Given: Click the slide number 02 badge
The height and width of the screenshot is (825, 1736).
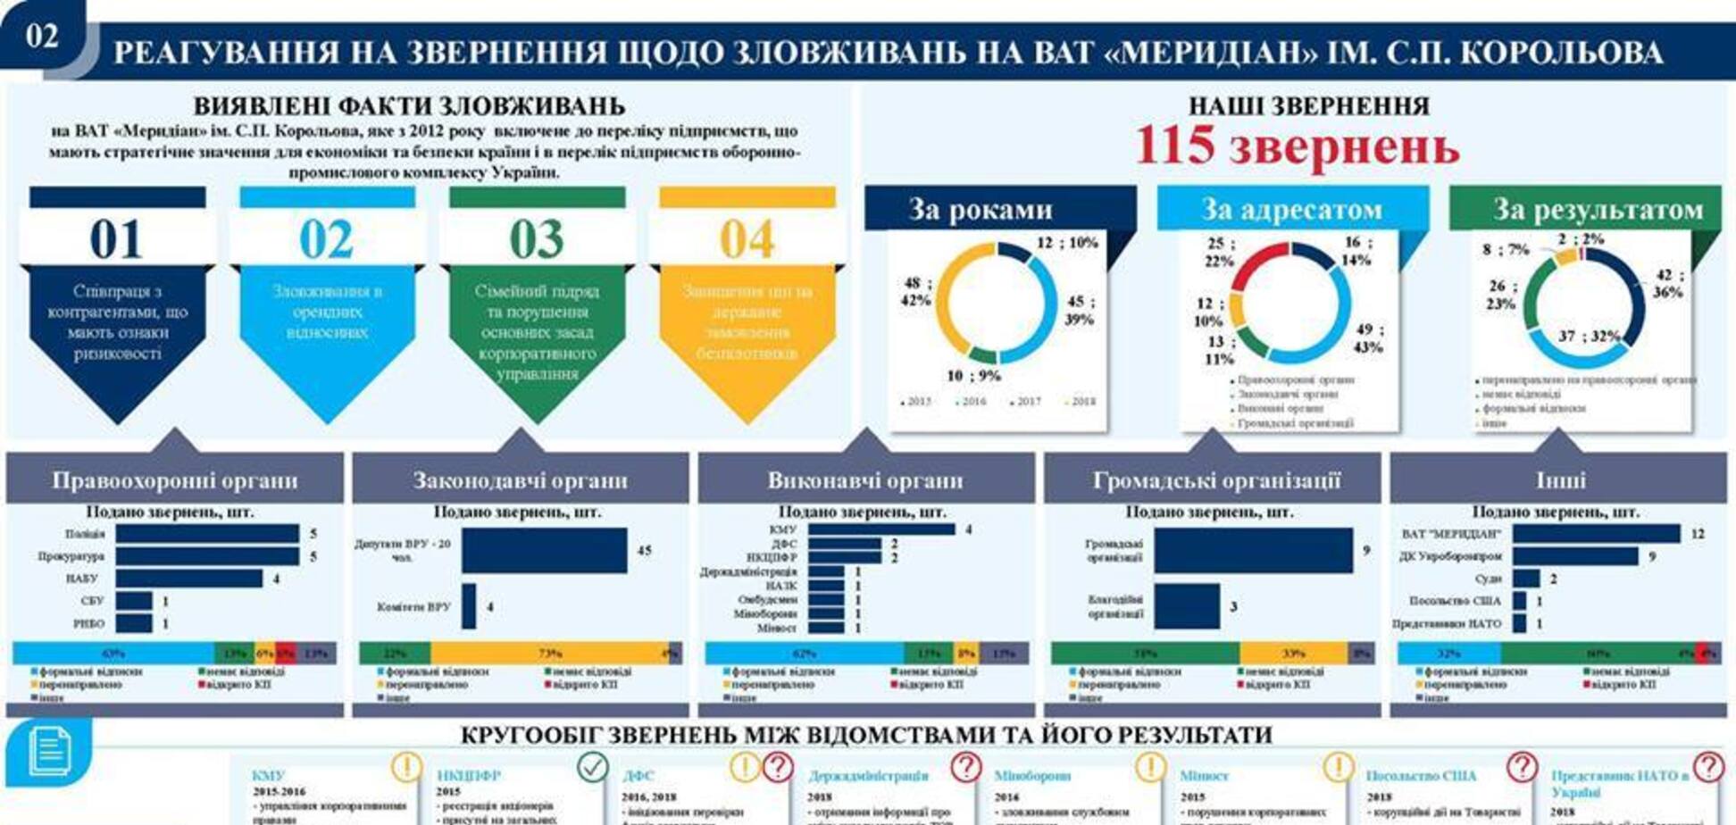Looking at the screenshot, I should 42,36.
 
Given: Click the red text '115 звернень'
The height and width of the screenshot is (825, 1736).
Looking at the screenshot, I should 1297,146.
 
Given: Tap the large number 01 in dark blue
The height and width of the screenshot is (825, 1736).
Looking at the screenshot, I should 116,239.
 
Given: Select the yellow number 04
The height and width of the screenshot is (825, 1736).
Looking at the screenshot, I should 747,239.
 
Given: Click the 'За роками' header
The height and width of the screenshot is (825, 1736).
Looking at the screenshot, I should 981,210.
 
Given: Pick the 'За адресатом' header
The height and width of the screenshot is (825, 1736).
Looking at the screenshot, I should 1291,210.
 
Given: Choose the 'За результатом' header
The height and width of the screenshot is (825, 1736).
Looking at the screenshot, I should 1598,210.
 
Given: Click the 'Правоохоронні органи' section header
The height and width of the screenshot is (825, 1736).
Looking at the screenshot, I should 174,480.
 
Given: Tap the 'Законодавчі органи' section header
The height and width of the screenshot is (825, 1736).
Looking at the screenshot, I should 520,480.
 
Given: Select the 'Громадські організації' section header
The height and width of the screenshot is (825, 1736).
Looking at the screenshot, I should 1216,480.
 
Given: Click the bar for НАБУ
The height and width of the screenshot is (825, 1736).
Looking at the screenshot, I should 188,579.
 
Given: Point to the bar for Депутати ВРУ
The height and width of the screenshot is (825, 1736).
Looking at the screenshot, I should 544,550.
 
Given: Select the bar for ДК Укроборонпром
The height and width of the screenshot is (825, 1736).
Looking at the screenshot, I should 1575,556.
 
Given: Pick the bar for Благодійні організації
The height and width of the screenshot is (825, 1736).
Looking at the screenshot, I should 1187,606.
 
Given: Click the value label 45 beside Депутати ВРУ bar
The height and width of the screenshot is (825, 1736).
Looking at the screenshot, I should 644,551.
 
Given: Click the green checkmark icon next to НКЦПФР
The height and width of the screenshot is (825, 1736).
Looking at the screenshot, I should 592,766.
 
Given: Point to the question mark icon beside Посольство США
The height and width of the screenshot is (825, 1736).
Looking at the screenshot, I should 1522,766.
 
